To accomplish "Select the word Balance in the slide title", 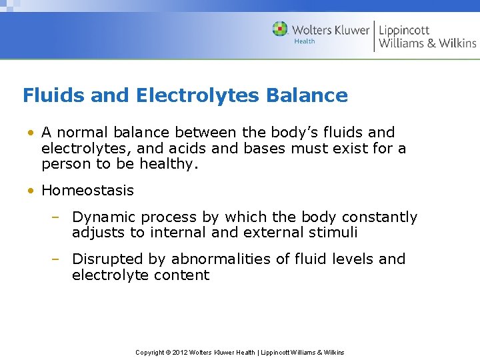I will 307,95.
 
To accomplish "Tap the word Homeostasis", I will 87,191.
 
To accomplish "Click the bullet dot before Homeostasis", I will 31,191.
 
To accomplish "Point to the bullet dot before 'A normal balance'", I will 31,133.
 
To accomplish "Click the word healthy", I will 170,165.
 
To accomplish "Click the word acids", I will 197,149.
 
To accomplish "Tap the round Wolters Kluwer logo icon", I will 280,29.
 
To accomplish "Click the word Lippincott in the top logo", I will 404,30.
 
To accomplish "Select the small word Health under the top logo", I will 304,41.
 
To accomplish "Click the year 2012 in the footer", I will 179,352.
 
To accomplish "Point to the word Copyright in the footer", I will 150,352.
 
